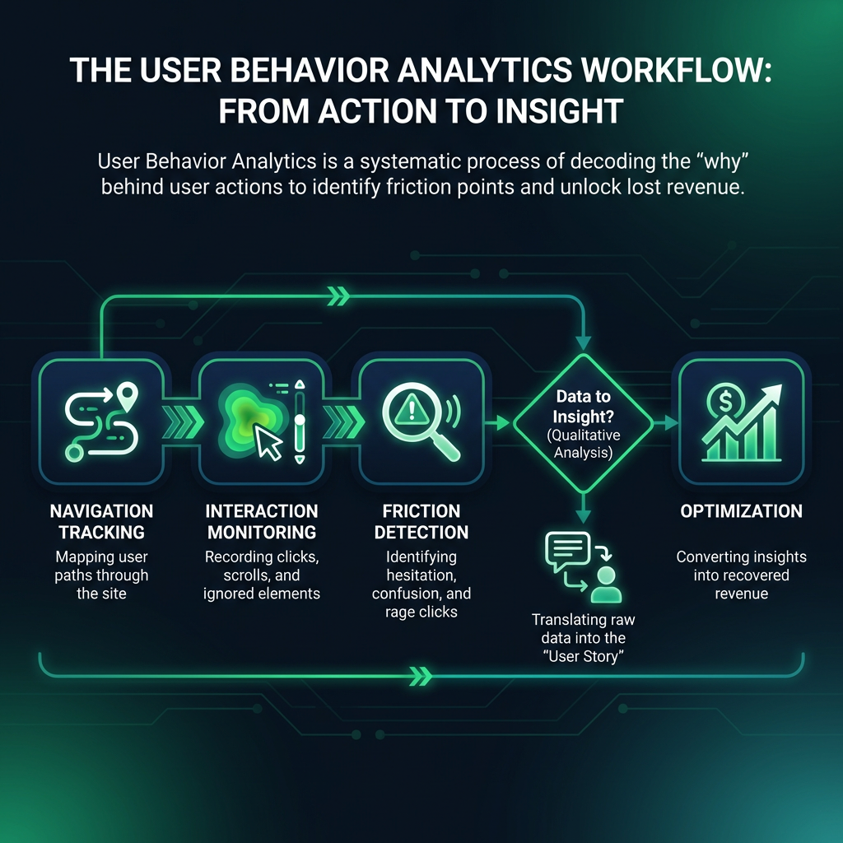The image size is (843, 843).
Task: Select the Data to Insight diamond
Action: point(584,424)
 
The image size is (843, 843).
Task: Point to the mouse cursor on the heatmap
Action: point(268,441)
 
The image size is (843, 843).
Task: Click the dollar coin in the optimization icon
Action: point(725,401)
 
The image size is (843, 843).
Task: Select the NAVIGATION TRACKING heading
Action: point(101,521)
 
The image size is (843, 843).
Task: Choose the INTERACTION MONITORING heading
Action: point(262,521)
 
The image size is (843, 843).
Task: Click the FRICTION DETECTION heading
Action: point(421,521)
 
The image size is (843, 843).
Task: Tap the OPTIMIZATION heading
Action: point(742,510)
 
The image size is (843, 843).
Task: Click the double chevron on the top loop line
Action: point(338,296)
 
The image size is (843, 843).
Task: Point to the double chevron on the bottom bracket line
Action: point(421,676)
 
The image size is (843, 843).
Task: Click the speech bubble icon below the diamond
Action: point(568,551)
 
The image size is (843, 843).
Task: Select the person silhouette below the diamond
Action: point(606,585)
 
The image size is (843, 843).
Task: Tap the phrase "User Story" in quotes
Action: point(584,656)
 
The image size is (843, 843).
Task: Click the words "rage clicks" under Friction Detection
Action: point(421,612)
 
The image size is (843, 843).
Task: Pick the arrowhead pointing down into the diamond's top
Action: point(584,343)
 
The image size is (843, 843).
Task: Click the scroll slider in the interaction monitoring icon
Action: point(300,421)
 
